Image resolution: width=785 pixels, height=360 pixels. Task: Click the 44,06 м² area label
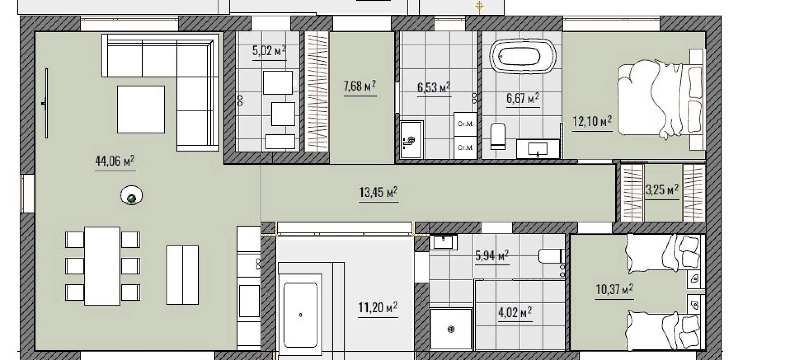[x=115, y=161]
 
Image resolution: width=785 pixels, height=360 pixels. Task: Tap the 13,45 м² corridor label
[x=378, y=192]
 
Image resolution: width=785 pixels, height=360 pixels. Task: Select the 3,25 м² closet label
[x=662, y=189]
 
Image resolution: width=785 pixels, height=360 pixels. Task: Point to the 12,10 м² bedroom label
[x=592, y=121]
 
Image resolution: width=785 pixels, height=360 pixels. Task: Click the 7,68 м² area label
[x=360, y=86]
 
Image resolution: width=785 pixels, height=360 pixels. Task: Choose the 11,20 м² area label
[x=378, y=307]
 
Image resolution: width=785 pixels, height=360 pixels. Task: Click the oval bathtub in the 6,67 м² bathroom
[x=523, y=56]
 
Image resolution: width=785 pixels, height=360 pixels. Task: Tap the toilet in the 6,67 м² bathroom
[x=498, y=135]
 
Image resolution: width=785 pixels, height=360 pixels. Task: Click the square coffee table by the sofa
[x=141, y=109]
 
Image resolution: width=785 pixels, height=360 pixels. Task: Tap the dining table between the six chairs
[x=102, y=266]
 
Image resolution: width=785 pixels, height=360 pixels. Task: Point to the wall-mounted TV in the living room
[x=46, y=103]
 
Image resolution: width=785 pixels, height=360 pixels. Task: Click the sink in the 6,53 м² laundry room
[x=412, y=139]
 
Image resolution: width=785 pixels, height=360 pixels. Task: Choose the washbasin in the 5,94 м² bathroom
[x=443, y=242]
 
